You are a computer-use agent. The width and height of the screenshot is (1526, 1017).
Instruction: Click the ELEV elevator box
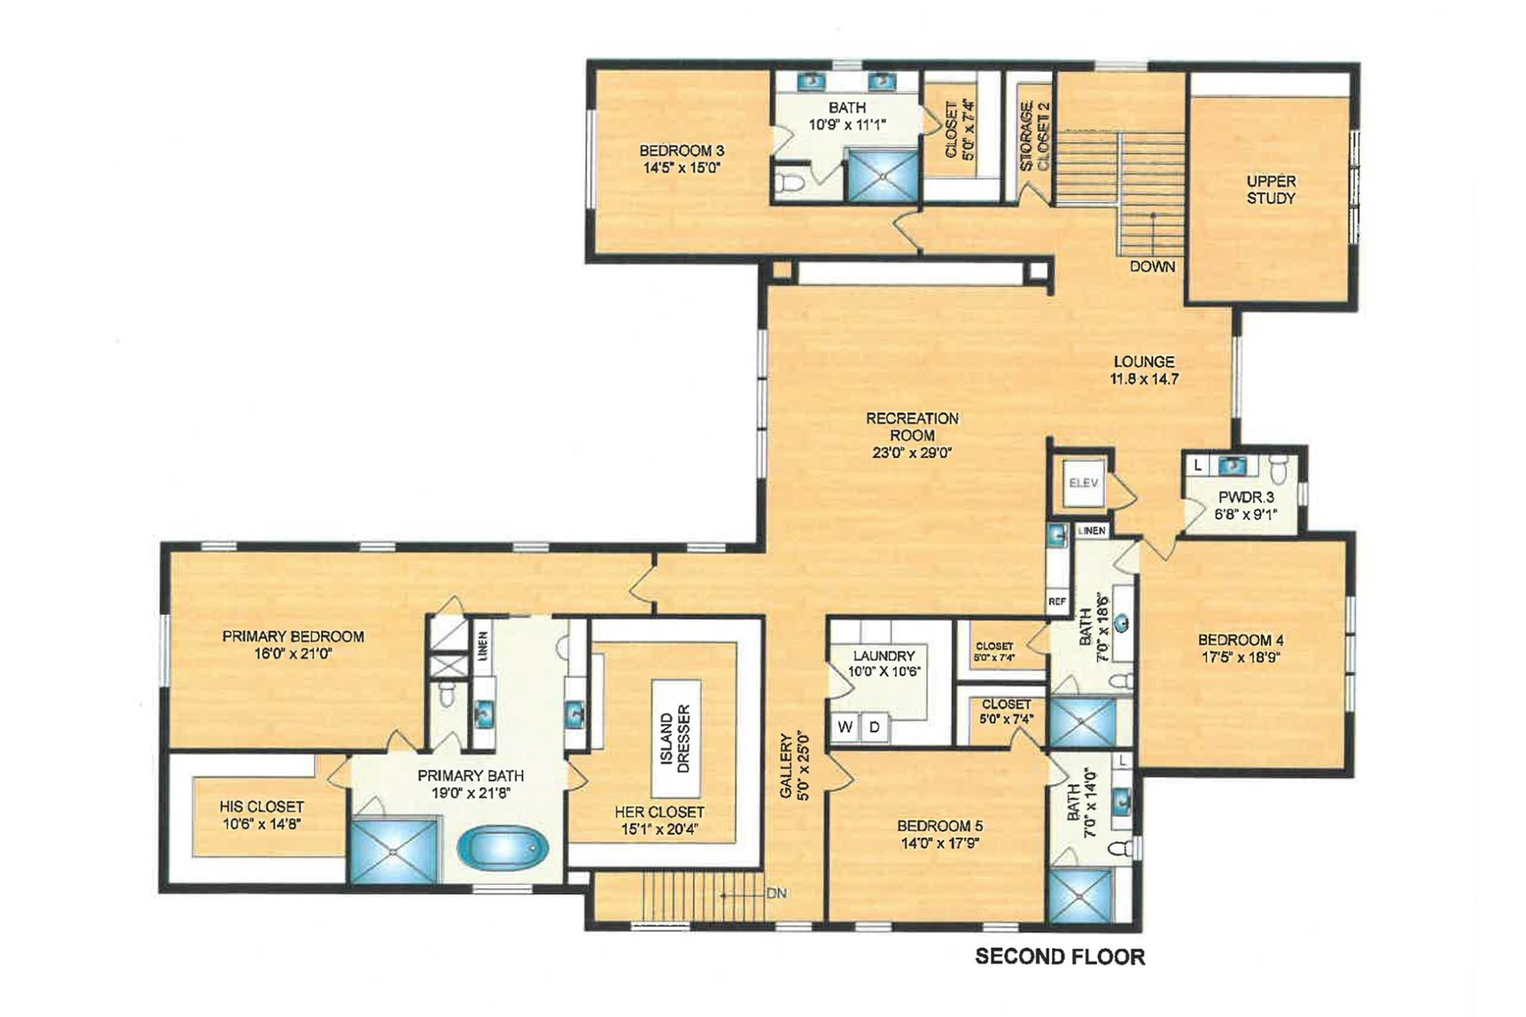point(1083,483)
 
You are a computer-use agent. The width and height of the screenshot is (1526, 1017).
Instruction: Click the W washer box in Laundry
point(844,727)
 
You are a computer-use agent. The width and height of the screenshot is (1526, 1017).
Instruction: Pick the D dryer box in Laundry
point(874,727)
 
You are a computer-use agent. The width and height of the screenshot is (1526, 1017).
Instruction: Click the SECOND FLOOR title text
point(1060,957)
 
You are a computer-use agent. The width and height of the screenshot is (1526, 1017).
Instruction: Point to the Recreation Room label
point(912,426)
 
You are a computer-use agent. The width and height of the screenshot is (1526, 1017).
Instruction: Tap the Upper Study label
point(1270,190)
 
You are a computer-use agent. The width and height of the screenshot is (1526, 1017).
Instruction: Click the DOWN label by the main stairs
point(1151,266)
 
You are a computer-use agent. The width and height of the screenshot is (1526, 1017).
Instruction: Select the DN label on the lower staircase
point(776,893)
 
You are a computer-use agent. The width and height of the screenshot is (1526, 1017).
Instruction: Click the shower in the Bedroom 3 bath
point(883,175)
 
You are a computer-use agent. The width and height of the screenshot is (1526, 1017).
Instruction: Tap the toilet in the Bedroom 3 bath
point(788,182)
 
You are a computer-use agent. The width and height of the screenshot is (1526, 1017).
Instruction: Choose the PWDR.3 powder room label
point(1245,498)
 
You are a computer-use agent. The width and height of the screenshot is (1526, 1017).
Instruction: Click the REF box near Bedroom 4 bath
point(1057,601)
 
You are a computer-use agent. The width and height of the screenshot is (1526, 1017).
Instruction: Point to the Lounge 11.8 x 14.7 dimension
point(1144,379)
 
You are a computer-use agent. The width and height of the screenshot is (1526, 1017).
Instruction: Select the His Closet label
point(261,807)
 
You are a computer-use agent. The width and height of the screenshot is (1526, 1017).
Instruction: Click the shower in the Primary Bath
point(393,850)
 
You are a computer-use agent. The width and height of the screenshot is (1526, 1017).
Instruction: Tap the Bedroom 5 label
point(939,825)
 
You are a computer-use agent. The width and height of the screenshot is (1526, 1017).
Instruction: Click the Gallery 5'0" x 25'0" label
point(794,765)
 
